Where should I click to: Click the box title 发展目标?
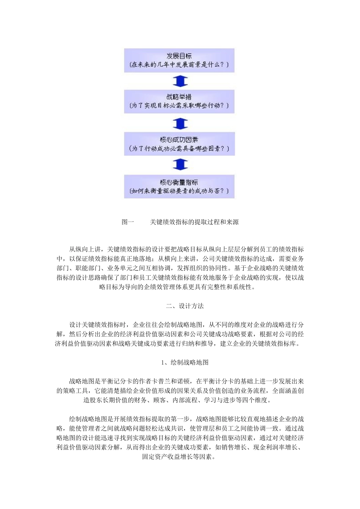(179, 56)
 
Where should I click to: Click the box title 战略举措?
(179, 97)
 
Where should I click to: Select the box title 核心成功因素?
(179, 140)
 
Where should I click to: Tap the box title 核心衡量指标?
(179, 182)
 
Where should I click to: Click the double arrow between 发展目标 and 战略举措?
(180, 81)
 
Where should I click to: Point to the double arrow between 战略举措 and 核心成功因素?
(180, 123)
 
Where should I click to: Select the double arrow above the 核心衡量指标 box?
(180, 165)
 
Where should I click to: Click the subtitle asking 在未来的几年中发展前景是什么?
(179, 65)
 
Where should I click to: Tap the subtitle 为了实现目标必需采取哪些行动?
(179, 106)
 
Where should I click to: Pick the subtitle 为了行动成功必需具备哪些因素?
(179, 148)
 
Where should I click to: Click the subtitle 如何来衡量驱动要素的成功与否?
(179, 191)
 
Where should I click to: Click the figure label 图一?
(128, 222)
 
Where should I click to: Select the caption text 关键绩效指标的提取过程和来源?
(194, 222)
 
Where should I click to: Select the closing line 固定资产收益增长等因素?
(180, 457)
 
